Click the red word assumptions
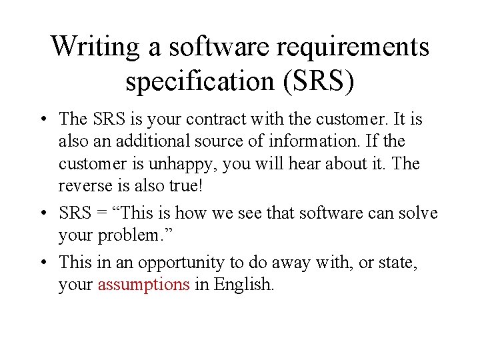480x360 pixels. pyautogui.click(x=143, y=285)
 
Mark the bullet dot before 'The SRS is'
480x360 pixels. pyautogui.click(x=42, y=121)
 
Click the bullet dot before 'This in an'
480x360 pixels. pyautogui.click(x=42, y=263)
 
